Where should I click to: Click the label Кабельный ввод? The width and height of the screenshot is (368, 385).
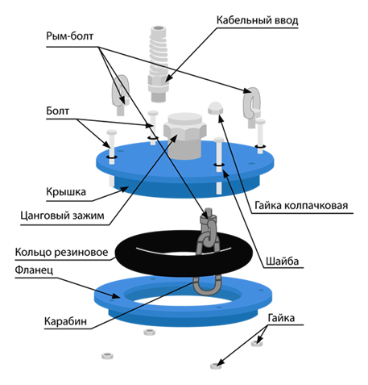257,21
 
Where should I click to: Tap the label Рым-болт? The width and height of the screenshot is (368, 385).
70,36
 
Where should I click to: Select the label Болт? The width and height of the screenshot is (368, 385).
58,111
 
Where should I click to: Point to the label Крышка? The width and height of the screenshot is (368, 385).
66,192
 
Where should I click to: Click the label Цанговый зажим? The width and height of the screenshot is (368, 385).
62,216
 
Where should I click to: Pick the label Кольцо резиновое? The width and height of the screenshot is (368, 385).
61,253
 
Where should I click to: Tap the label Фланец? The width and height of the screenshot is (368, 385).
34,270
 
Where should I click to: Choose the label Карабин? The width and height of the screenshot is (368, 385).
65,321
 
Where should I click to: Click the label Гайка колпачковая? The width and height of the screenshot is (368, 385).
301,206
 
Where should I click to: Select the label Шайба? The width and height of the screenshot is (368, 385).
282,262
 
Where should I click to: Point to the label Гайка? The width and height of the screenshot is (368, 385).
281,318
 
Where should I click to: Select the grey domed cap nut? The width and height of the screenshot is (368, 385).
216,108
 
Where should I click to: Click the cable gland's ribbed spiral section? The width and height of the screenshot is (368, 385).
159,54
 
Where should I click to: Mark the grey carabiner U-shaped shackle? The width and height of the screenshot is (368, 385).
207,285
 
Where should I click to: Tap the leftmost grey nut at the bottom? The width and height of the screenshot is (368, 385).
107,356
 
